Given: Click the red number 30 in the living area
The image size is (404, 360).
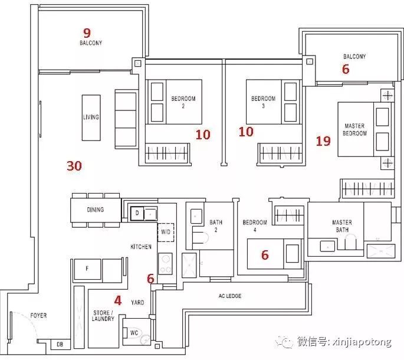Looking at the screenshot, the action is tap(74, 166).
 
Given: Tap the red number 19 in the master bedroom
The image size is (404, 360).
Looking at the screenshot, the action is tap(323, 141).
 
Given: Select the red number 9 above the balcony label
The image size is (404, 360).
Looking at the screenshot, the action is tap(87, 33).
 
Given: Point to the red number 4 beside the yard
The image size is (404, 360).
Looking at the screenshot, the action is tap(118, 300).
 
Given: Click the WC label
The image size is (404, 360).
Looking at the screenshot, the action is tap(134, 333).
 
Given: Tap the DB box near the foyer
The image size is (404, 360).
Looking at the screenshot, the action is tap(60, 344).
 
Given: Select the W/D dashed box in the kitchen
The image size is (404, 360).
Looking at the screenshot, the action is tap(166, 232).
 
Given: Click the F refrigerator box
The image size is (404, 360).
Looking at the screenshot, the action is tap(87, 269).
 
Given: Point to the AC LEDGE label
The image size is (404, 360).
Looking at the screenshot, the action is tap(230, 296).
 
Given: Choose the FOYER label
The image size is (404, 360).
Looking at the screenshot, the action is tap(39, 315).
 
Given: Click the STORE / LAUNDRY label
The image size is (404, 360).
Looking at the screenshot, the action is tap(103, 316).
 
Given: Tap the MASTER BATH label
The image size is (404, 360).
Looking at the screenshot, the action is tap(342, 226).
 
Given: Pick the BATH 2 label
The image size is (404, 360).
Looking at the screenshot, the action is tap(216, 226).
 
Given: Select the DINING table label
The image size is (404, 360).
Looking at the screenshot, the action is tap(96, 210).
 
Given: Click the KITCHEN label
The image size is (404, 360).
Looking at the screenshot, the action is tap(141, 247).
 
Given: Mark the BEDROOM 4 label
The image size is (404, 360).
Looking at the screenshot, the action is tap(255, 226).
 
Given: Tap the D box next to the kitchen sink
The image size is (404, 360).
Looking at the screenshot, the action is tap(137, 213).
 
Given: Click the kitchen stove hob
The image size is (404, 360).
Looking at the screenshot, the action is tap(165, 264).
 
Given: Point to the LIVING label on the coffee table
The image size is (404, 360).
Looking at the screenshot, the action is tap(91, 117).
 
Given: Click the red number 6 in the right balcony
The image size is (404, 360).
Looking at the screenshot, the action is tap(346, 69).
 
